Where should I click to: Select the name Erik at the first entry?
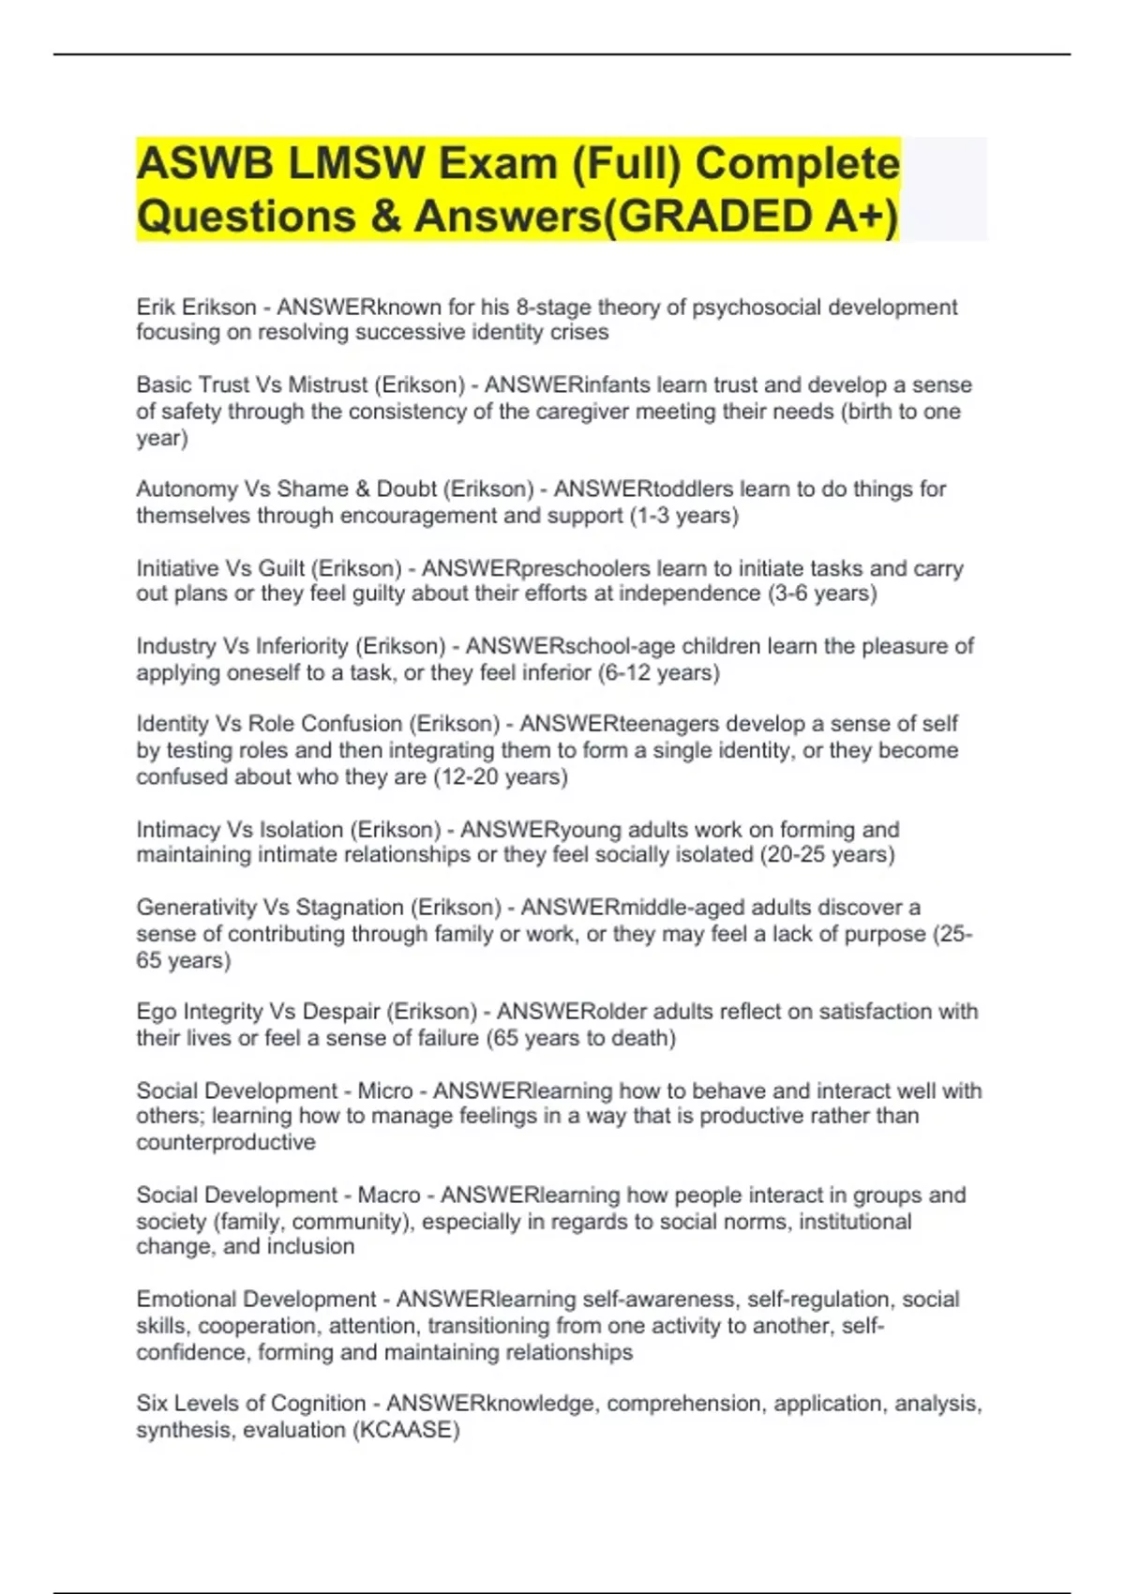pyautogui.click(x=157, y=308)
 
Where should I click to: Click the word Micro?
pyautogui.click(x=384, y=1091)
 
